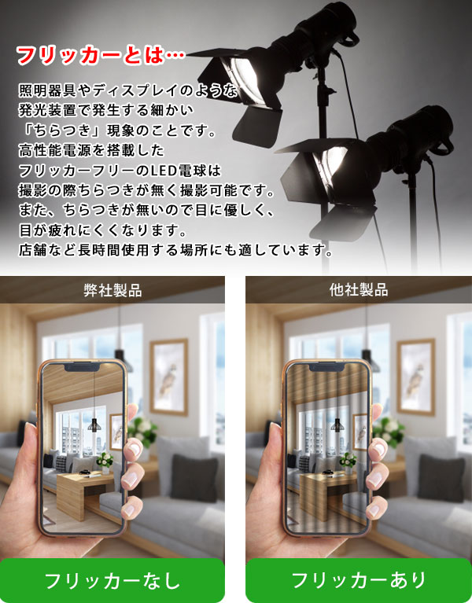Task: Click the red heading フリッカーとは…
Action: pos(101,57)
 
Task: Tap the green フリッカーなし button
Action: pos(112,581)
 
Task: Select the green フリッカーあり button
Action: pos(359,581)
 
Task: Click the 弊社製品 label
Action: pos(112,290)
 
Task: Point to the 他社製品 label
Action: pos(359,290)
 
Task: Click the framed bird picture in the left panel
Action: pos(169,377)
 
